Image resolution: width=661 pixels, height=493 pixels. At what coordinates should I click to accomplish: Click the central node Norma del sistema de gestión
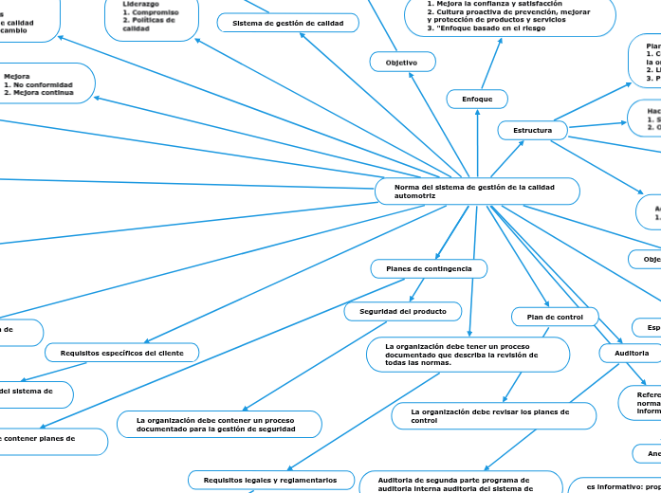(x=478, y=192)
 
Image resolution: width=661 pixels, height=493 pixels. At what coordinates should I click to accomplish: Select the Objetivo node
(x=402, y=62)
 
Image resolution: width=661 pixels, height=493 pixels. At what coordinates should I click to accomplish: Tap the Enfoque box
(x=477, y=100)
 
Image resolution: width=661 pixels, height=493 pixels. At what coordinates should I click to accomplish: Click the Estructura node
(x=532, y=130)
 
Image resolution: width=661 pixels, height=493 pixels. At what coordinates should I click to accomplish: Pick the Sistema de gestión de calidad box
(x=288, y=23)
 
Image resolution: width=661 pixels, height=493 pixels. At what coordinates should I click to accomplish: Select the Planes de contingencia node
(x=429, y=269)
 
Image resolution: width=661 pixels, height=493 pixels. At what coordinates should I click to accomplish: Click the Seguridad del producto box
(x=402, y=311)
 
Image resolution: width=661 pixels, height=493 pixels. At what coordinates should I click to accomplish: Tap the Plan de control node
(x=555, y=316)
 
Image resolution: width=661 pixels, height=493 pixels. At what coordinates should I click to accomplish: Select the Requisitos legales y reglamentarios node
(x=270, y=481)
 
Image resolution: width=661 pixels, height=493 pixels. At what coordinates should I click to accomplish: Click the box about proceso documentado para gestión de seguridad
(x=220, y=425)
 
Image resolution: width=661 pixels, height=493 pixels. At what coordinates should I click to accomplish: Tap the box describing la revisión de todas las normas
(x=468, y=355)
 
